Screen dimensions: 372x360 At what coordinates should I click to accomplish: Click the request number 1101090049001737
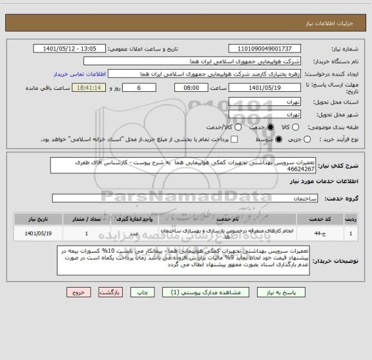tap(265, 48)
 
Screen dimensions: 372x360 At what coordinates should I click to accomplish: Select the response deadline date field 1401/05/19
tap(265, 87)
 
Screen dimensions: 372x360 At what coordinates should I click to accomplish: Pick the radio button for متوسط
tap(279, 139)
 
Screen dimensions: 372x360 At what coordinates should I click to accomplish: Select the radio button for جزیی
tap(307, 139)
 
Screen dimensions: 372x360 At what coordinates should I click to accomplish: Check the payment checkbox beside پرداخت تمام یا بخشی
tap(235, 139)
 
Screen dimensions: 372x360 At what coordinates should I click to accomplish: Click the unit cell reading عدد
tap(134, 233)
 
